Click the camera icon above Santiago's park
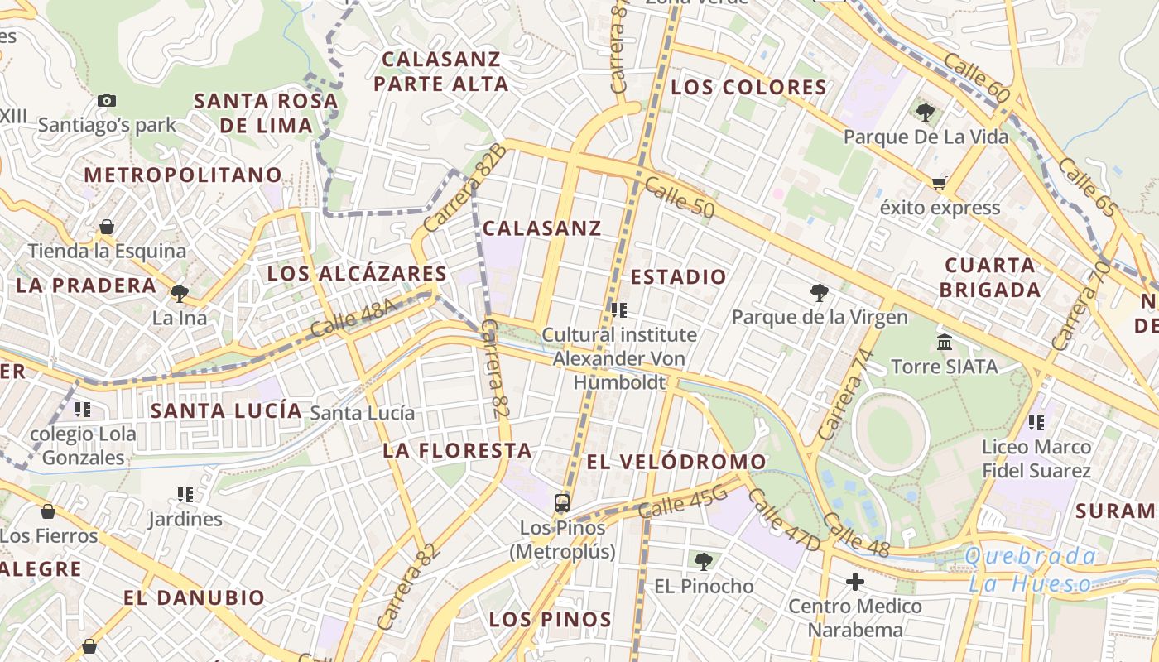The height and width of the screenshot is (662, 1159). click(x=107, y=100)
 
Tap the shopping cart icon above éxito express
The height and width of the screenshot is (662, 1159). click(x=939, y=183)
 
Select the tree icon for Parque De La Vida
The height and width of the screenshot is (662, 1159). click(x=926, y=112)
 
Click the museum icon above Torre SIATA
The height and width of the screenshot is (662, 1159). click(x=945, y=342)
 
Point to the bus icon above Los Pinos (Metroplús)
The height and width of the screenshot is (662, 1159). click(x=562, y=502)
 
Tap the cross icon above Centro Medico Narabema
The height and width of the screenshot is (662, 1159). click(x=855, y=582)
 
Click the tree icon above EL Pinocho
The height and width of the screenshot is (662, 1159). click(x=704, y=562)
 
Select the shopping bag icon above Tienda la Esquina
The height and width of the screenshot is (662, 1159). click(x=107, y=226)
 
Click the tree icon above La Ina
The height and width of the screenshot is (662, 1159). click(x=179, y=293)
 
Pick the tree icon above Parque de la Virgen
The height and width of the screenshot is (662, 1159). click(x=820, y=292)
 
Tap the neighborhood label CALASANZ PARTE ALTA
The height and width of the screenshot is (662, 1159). click(x=441, y=71)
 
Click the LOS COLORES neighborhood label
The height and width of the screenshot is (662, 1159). click(x=748, y=87)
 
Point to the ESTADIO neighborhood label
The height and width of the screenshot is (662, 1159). click(x=678, y=277)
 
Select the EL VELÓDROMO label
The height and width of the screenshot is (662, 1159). click(x=676, y=462)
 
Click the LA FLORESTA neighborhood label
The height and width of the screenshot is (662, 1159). click(x=457, y=450)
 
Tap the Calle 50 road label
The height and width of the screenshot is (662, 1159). click(x=679, y=197)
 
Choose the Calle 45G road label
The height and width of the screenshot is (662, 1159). click(x=683, y=501)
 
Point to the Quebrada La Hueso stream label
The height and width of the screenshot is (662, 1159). click(x=1031, y=569)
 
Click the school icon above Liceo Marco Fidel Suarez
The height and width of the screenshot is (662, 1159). click(x=1036, y=423)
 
